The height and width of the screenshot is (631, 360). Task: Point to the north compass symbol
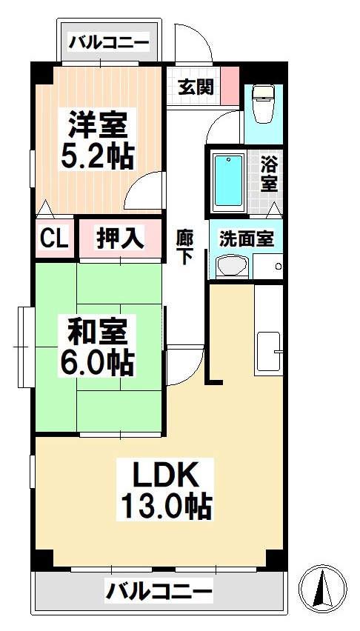(323, 589)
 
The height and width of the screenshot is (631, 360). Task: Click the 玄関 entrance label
(196, 87)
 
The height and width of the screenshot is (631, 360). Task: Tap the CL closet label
(54, 238)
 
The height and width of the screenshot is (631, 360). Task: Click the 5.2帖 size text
(96, 157)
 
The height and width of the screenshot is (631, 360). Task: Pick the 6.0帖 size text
(96, 362)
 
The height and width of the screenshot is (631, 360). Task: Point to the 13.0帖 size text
(167, 507)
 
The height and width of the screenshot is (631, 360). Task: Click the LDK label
(167, 473)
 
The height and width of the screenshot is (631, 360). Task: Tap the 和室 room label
(96, 329)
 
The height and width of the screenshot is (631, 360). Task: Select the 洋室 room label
(96, 124)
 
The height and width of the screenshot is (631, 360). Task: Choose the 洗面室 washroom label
(247, 238)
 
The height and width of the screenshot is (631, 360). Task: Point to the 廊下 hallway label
(185, 247)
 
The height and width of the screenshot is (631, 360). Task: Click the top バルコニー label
(109, 42)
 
